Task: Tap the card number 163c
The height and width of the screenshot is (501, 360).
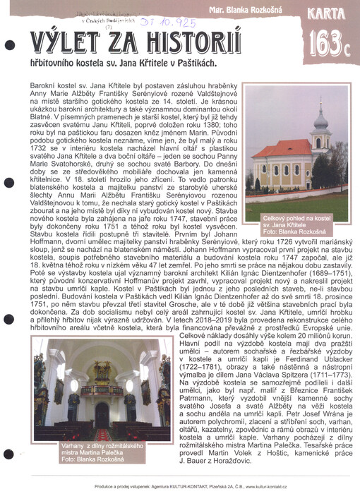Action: [x=330, y=42]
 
